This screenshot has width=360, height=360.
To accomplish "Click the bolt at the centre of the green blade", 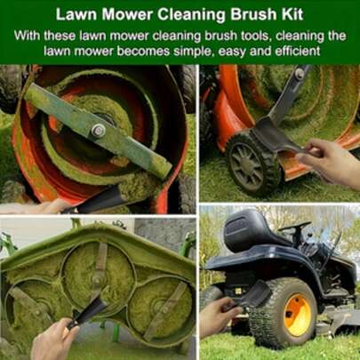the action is pyautogui.click(x=98, y=131).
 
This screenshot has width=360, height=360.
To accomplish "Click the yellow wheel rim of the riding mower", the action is pyautogui.click(x=297, y=315).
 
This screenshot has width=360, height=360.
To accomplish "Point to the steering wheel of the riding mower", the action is pyautogui.click(x=295, y=226).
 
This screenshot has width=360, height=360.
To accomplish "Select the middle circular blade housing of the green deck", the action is pyautogui.click(x=98, y=273).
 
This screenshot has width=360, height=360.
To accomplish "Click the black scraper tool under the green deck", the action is pyautogui.click(x=86, y=314).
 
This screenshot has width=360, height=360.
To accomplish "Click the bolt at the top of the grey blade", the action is pyautogui.click(x=300, y=73).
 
